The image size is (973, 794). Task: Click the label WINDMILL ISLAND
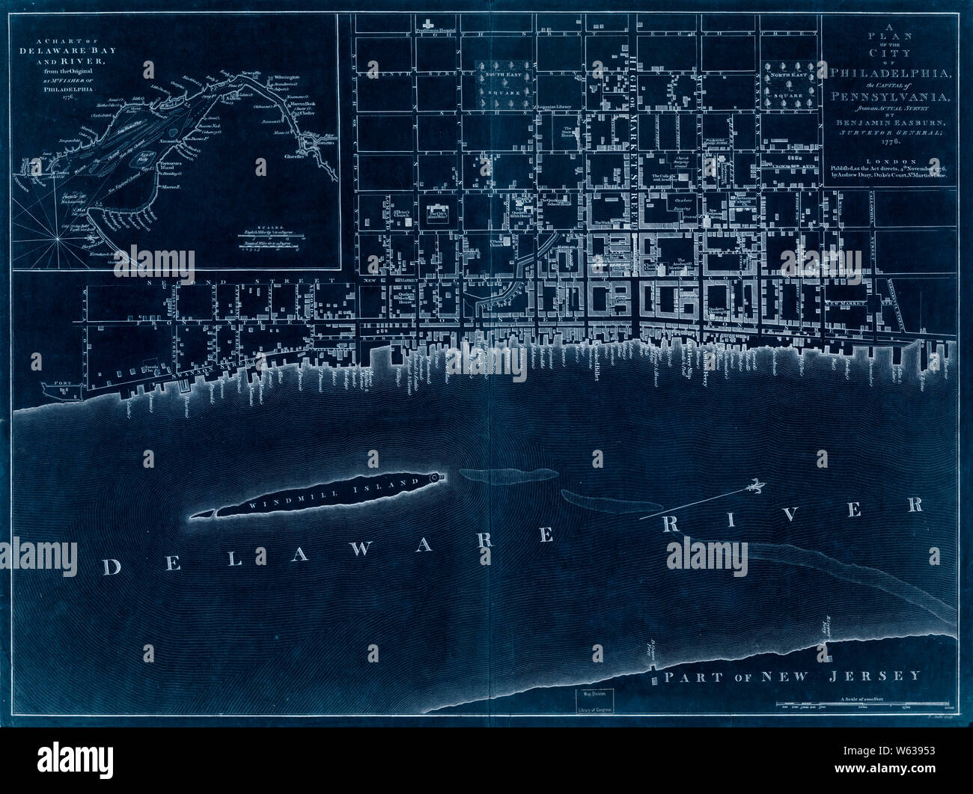329,495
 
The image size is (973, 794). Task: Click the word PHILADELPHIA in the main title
891,73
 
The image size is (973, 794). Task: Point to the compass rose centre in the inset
57,236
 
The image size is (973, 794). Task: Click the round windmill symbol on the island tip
438,477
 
